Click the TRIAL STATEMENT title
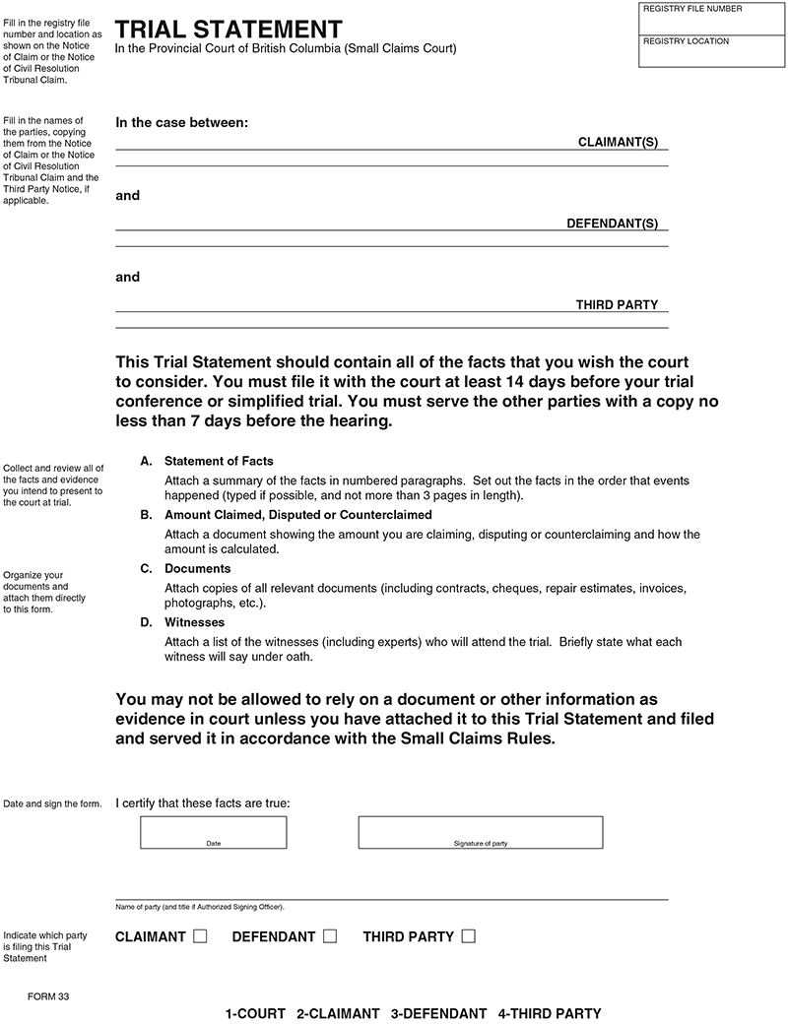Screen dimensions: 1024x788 229,30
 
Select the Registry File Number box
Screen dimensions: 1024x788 712,19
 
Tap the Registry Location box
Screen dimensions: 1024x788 712,51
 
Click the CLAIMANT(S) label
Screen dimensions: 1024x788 617,143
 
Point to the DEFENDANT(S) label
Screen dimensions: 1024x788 612,224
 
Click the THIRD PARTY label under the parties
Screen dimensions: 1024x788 617,305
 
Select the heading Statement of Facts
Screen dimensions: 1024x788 219,461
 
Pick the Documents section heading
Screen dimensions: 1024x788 197,569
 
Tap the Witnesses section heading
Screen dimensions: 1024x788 194,623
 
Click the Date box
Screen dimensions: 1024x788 214,832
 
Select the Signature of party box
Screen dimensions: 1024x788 480,832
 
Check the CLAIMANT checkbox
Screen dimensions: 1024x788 200,936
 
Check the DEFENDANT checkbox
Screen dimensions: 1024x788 329,936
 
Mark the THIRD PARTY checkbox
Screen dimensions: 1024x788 468,936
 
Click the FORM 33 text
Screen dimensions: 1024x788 49,997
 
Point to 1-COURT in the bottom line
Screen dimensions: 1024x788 255,1013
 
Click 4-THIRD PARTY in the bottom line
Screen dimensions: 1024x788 549,1013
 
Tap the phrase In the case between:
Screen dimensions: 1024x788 182,123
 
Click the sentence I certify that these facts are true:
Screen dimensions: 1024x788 203,803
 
